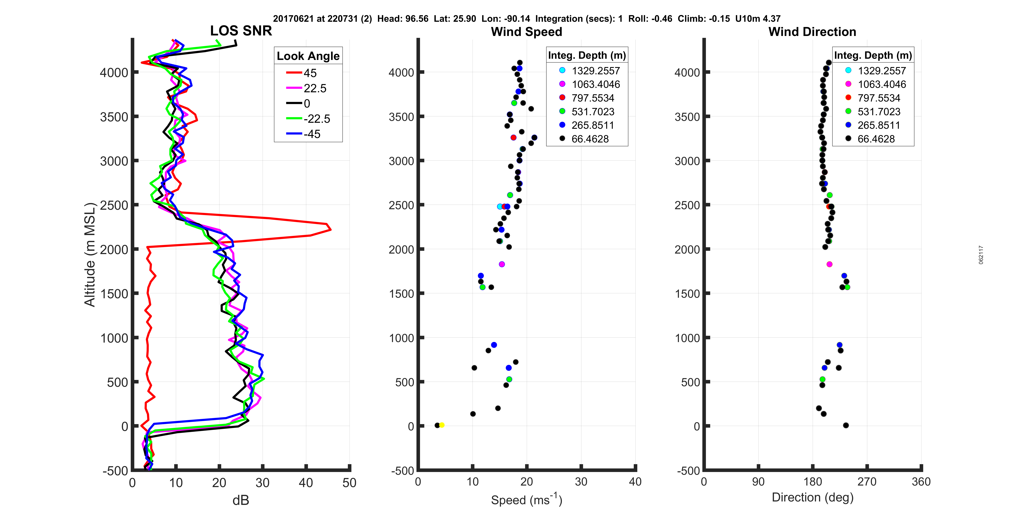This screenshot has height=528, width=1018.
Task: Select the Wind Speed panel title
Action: point(526,32)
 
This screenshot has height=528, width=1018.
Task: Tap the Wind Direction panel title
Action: point(812,32)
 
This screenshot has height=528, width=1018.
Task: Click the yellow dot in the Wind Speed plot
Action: point(442,425)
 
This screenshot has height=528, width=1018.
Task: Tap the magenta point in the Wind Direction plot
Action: point(829,264)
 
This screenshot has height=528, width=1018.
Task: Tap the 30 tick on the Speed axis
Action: point(581,482)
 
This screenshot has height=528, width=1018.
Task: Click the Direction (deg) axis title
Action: point(813,498)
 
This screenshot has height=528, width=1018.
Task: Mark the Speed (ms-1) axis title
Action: point(526,500)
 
